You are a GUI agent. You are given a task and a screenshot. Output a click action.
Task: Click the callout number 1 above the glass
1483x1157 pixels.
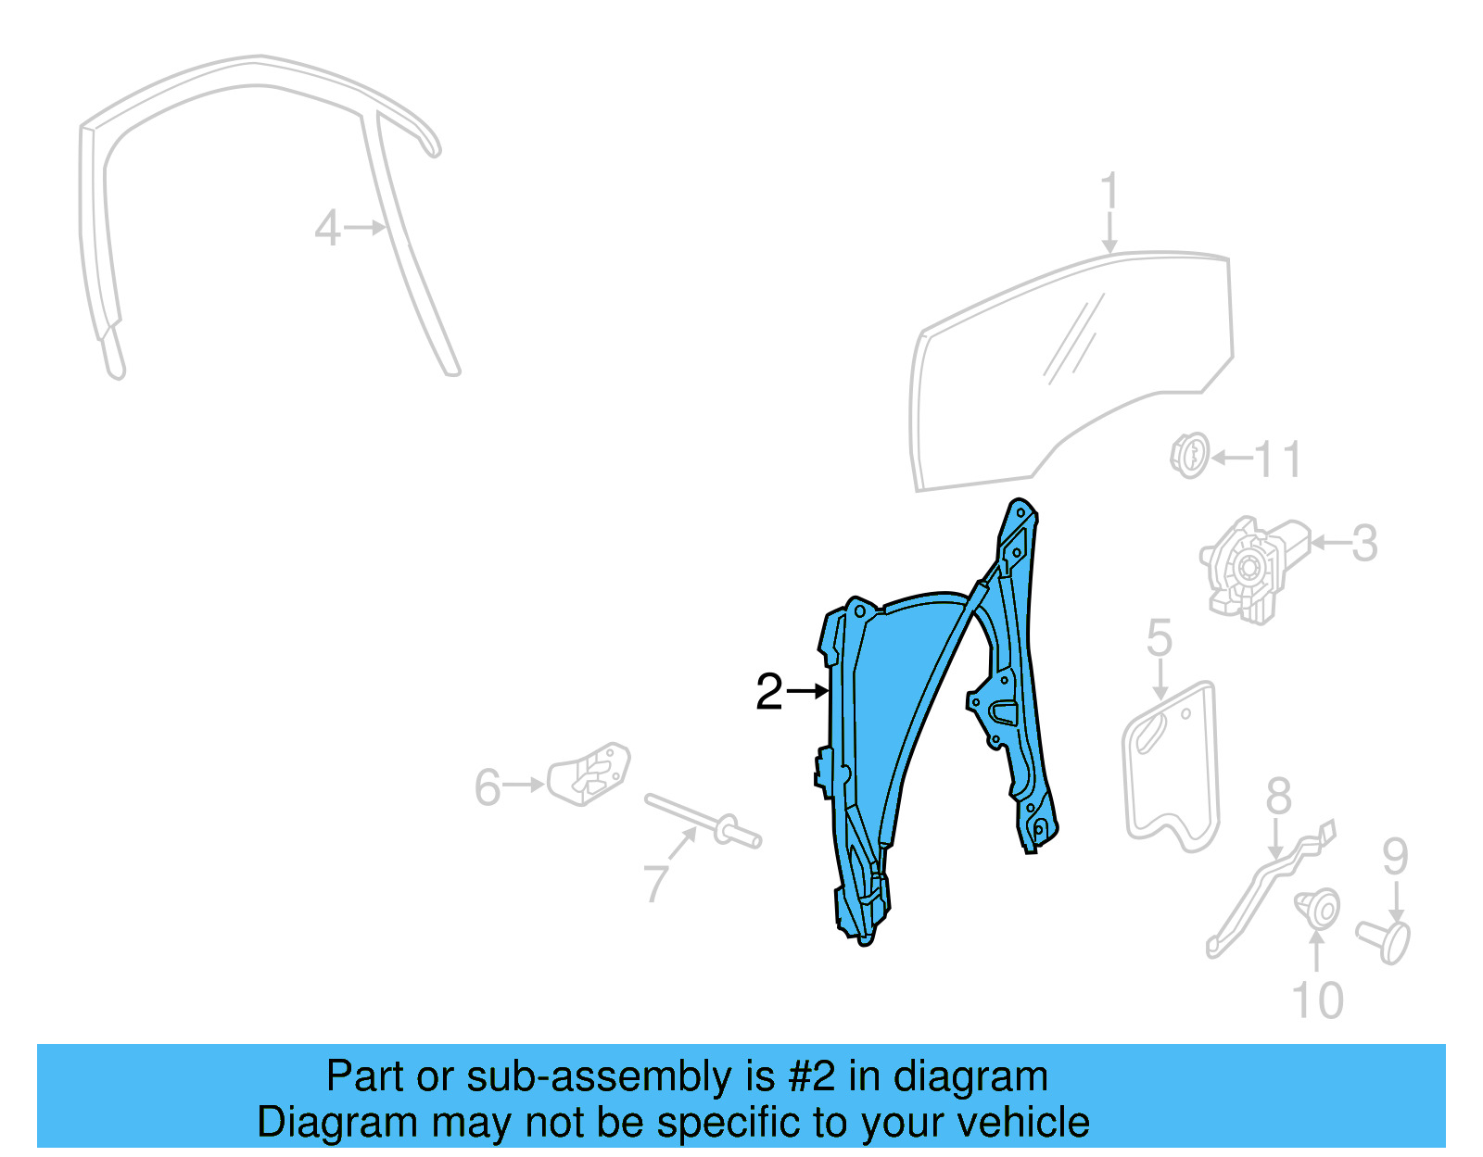[x=1109, y=193]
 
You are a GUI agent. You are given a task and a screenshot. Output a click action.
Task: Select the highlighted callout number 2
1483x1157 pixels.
[x=769, y=692]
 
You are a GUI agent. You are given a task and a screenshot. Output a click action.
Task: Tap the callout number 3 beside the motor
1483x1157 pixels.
[x=1363, y=544]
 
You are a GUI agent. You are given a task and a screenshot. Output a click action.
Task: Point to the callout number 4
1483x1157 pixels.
[x=327, y=229]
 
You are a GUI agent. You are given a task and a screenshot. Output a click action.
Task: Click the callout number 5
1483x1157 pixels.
[x=1160, y=638]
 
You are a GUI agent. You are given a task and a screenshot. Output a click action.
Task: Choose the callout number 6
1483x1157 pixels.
[x=488, y=787]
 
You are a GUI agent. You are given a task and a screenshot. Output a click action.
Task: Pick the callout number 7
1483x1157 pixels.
[x=655, y=883]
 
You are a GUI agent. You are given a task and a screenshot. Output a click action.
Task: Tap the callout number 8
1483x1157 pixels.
[x=1278, y=796]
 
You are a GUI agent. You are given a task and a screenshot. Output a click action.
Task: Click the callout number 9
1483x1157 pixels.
[x=1395, y=857]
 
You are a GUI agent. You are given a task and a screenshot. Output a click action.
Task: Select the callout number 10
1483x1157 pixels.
[x=1317, y=1000]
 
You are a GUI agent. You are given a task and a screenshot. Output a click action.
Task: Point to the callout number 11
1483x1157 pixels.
[x=1278, y=460]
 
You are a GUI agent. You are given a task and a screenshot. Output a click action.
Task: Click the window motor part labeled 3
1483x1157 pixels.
[x=1247, y=567]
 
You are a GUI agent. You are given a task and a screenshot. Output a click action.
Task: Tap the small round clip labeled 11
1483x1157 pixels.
[x=1189, y=455]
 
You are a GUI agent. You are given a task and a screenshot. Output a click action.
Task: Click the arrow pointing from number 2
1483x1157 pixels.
[x=807, y=691]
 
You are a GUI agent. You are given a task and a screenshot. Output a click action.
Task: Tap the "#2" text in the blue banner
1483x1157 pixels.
[x=812, y=1077]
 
